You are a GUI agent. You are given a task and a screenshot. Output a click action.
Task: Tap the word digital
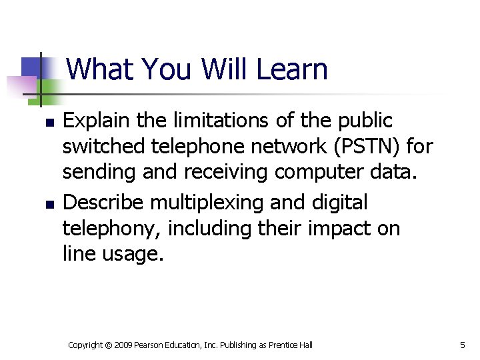click(342, 201)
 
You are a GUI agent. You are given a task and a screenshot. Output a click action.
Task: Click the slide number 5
click(463, 345)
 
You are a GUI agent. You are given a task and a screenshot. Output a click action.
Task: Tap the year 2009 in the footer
click(123, 345)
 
